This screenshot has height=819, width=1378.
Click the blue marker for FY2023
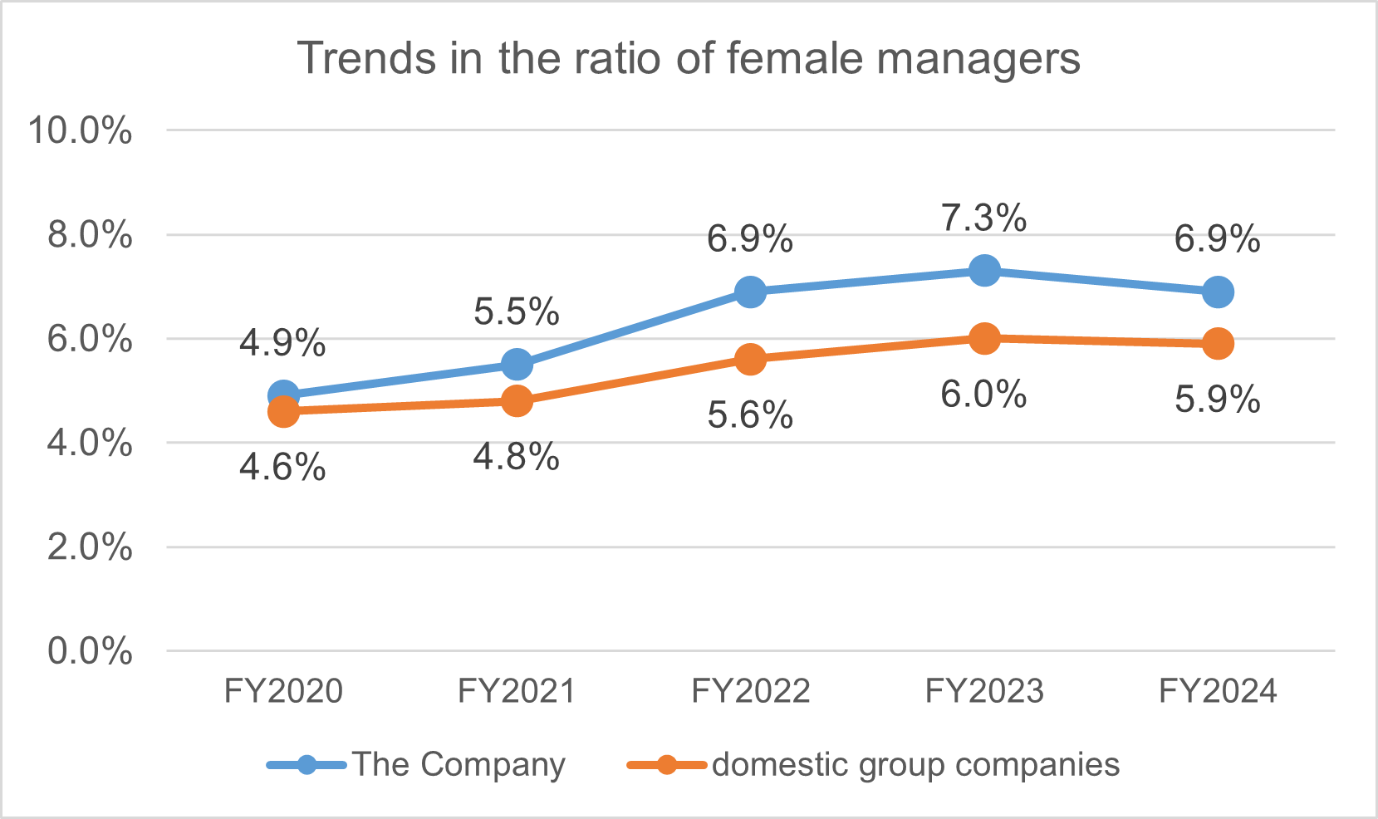pyautogui.click(x=984, y=271)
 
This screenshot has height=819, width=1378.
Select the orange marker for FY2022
pyautogui.click(x=750, y=360)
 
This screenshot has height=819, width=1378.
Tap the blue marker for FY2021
pyautogui.click(x=517, y=365)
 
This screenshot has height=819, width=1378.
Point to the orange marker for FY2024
pyautogui.click(x=1218, y=344)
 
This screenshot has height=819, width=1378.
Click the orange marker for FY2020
pyautogui.click(x=283, y=411)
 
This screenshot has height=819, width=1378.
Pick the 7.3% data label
pyautogui.click(x=984, y=218)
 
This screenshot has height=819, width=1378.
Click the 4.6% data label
pyautogui.click(x=282, y=468)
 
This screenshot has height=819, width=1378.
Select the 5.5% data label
pyautogui.click(x=517, y=312)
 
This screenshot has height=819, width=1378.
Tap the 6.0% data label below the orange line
pyautogui.click(x=983, y=394)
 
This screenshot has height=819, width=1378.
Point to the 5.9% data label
pyautogui.click(x=1218, y=400)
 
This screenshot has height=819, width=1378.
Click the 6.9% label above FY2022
pyautogui.click(x=750, y=239)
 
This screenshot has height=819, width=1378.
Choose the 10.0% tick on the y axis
pyautogui.click(x=81, y=130)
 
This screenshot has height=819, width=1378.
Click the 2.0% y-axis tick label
pyautogui.click(x=90, y=547)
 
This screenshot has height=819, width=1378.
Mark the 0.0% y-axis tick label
pyautogui.click(x=90, y=651)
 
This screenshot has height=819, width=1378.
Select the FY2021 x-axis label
pyautogui.click(x=517, y=691)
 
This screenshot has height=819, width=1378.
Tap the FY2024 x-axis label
pyautogui.click(x=1218, y=691)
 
